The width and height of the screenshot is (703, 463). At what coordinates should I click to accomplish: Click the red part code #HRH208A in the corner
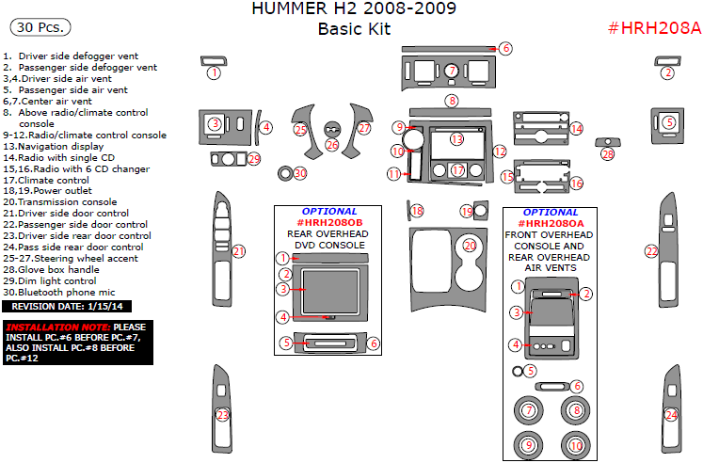[x=653, y=27]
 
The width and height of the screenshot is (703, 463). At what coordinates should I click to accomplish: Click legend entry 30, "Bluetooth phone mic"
[x=61, y=292]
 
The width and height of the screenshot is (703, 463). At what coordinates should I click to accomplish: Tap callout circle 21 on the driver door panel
[x=239, y=251]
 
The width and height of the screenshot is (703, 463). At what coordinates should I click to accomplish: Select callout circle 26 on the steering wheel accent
[x=331, y=145]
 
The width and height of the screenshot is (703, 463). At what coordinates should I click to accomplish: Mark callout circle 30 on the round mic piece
[x=300, y=173]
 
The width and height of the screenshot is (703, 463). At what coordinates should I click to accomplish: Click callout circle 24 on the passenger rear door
[x=671, y=415]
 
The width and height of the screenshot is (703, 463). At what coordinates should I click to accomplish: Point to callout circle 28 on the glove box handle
[x=607, y=153]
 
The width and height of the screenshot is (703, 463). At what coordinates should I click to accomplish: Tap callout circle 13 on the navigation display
[x=456, y=139]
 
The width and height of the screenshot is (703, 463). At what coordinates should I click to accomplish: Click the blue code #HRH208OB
[x=328, y=221]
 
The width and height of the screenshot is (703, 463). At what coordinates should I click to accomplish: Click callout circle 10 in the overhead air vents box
[x=575, y=444]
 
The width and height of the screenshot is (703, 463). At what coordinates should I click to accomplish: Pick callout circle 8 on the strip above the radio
[x=452, y=101]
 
